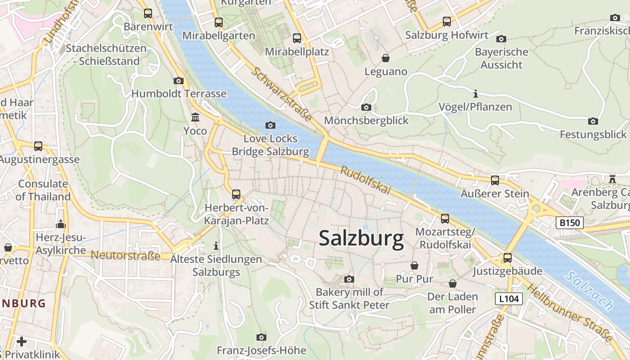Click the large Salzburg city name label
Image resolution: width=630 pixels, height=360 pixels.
[x=361, y=238]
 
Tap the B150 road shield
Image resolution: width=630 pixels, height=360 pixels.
[x=569, y=222]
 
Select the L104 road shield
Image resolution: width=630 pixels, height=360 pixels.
[x=509, y=298]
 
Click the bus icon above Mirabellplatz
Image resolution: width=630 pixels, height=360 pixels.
[x=297, y=38]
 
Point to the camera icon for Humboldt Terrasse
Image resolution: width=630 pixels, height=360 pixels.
[x=179, y=81]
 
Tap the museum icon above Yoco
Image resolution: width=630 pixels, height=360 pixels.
[x=195, y=117]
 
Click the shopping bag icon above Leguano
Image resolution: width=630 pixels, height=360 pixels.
[x=386, y=58]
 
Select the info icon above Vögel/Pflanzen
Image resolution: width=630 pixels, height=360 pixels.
[x=476, y=94]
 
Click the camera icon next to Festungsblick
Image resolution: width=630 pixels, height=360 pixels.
[x=593, y=121]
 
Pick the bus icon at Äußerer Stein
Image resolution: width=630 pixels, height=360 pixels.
[x=495, y=180]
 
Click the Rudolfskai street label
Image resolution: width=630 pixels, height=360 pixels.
[x=365, y=181]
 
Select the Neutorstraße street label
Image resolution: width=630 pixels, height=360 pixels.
[x=126, y=256]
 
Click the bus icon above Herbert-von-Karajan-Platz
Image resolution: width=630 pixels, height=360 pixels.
[x=236, y=194]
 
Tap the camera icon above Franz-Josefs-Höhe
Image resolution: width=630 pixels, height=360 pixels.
[x=261, y=337]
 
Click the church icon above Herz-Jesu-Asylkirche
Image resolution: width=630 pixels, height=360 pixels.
[x=61, y=224]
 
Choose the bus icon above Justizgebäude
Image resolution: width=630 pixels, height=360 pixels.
[x=508, y=258]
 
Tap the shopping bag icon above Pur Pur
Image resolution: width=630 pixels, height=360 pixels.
[x=414, y=266]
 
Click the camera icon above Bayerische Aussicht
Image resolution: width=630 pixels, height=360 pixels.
[x=501, y=39]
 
